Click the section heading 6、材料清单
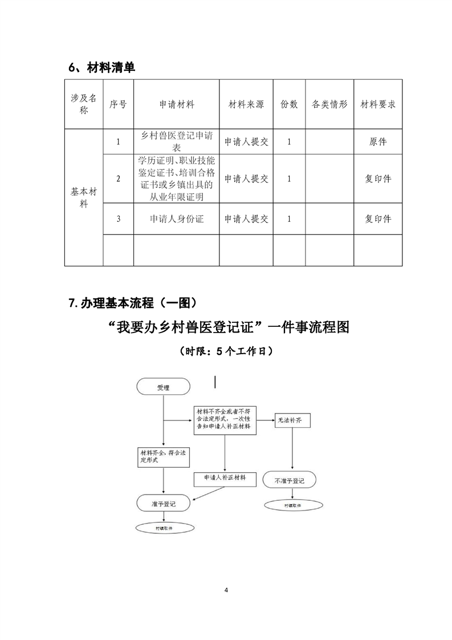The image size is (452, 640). (102, 67)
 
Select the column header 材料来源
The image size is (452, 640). (246, 105)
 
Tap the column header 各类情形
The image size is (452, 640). (329, 105)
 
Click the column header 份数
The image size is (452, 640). (289, 105)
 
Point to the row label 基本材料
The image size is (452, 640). (84, 198)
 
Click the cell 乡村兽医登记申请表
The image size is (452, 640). (176, 141)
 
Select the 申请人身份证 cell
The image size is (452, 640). (176, 219)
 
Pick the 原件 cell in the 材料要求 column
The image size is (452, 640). (378, 141)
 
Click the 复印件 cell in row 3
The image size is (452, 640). (378, 219)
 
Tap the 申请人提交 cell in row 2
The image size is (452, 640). (246, 179)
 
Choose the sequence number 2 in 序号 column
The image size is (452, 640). (118, 179)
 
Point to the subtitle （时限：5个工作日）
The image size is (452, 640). (226, 351)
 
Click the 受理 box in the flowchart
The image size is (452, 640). (163, 388)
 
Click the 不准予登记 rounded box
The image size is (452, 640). (290, 481)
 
